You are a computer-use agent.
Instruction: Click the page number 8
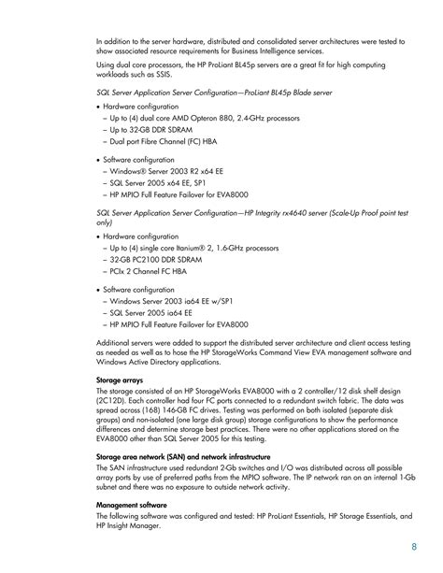pos(414,548)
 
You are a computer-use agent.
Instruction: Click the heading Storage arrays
pos(121,380)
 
